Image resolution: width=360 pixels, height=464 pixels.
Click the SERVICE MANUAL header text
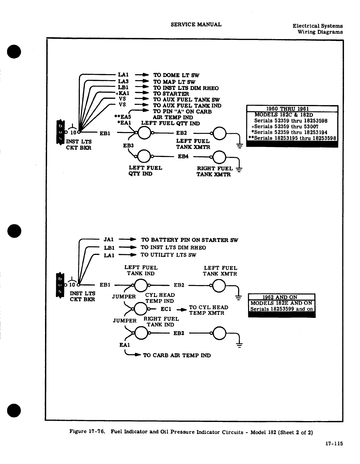196,25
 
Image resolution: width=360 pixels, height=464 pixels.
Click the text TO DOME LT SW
176,75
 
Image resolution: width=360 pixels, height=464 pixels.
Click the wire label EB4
183,156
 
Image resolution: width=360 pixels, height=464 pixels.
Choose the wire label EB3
128,146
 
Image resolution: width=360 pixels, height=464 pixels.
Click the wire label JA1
109,240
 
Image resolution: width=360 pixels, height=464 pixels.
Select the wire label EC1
166,309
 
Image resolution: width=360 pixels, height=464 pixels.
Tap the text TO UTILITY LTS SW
168,255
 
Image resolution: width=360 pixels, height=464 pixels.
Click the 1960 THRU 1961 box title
292,109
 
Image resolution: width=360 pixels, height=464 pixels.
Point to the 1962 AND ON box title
281,297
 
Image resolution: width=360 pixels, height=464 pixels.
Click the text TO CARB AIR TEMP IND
177,355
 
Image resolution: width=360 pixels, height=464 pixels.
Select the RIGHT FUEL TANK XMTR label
214,171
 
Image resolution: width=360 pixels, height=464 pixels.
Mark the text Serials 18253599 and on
281,309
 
